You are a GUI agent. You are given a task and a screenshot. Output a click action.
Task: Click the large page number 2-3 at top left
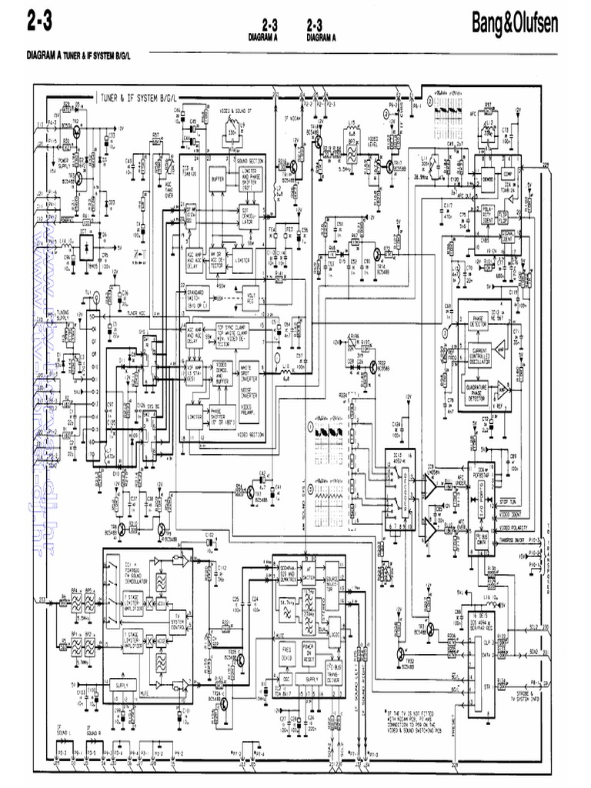(x=39, y=22)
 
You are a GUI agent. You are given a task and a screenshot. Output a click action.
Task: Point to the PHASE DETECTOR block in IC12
(x=477, y=320)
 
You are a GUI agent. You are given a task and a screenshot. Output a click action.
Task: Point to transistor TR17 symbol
(x=390, y=164)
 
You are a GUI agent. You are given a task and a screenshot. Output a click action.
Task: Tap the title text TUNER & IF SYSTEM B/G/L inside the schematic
(x=139, y=98)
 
